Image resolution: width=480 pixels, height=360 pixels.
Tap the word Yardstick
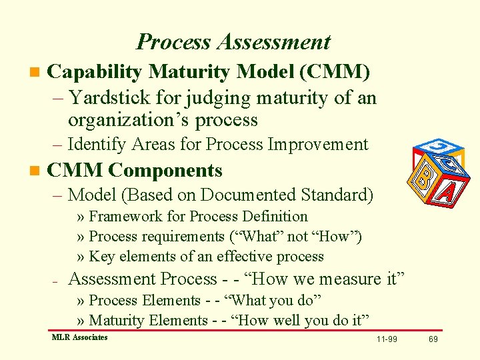pos(110,98)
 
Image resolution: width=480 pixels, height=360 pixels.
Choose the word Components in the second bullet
pos(165,171)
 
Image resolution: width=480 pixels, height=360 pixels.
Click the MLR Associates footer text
pos(79,337)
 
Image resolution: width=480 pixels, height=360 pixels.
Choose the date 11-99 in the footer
pos(387,339)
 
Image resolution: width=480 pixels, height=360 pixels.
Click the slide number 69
pos(433,339)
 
